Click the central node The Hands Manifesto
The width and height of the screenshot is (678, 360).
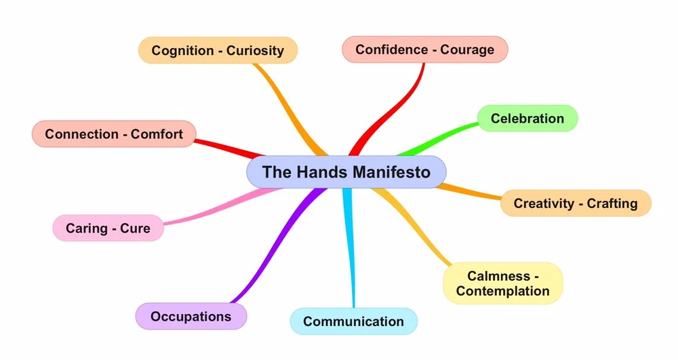tap(346, 172)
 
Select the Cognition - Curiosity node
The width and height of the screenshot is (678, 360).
tap(218, 50)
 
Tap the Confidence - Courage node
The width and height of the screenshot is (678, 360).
tap(424, 49)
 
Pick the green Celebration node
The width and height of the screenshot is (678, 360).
tap(527, 119)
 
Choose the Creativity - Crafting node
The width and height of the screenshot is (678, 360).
tap(575, 203)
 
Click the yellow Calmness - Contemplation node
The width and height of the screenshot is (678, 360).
tap(502, 283)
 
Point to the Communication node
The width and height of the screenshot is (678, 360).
tap(353, 321)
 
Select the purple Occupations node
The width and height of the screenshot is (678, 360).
tap(191, 316)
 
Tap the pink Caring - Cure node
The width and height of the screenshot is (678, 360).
tap(108, 228)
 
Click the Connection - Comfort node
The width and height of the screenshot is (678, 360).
tap(113, 134)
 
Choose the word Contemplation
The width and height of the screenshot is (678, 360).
tap(502, 291)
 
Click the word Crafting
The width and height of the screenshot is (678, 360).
tap(612, 203)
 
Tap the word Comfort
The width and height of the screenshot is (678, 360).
tap(157, 134)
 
